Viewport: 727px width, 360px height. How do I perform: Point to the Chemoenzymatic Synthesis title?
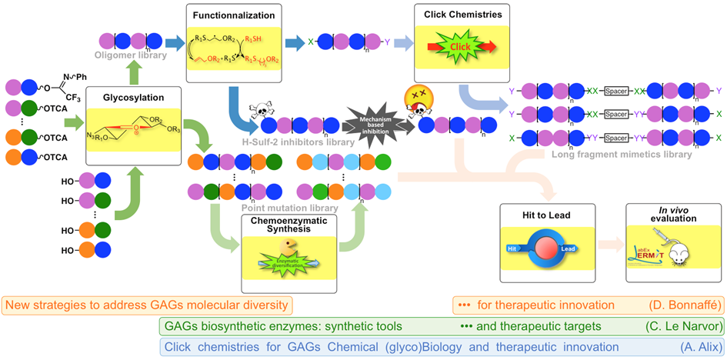point(287,225)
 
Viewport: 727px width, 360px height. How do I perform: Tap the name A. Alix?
point(696,346)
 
